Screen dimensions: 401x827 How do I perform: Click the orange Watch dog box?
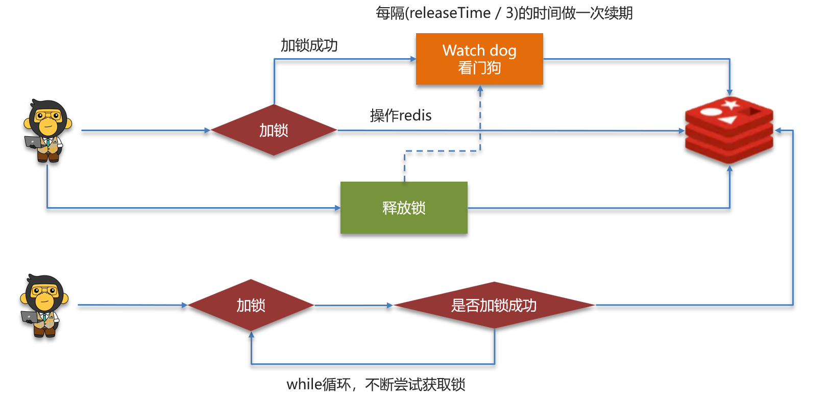pyautogui.click(x=479, y=59)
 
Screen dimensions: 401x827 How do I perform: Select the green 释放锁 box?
pyautogui.click(x=404, y=208)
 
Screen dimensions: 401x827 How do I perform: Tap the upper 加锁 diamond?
pyautogui.click(x=274, y=130)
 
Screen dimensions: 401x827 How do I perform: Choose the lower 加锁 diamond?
pyautogui.click(x=251, y=305)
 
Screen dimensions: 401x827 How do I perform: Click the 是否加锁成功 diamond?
pyautogui.click(x=494, y=305)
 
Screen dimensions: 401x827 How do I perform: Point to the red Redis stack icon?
pyautogui.click(x=729, y=130)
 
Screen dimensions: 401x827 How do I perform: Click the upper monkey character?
pyautogui.click(x=47, y=131)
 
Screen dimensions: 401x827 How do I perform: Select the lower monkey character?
pyautogui.click(x=44, y=306)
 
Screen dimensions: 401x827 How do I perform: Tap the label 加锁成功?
pyautogui.click(x=309, y=45)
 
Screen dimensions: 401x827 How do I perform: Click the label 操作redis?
pyautogui.click(x=401, y=115)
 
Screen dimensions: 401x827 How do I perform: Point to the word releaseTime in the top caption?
pyautogui.click(x=450, y=13)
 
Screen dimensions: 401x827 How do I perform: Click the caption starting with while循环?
pyautogui.click(x=376, y=384)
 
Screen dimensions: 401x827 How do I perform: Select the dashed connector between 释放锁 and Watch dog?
pyautogui.click(x=442, y=151)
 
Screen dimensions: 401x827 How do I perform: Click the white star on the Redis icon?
pyautogui.click(x=731, y=105)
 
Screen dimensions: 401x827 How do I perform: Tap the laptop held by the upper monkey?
pyautogui.click(x=33, y=142)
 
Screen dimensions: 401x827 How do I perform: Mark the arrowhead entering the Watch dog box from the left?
pyautogui.click(x=413, y=59)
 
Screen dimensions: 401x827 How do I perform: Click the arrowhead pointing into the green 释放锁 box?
pyautogui.click(x=337, y=208)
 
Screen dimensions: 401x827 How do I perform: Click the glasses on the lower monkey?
pyautogui.click(x=44, y=291)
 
